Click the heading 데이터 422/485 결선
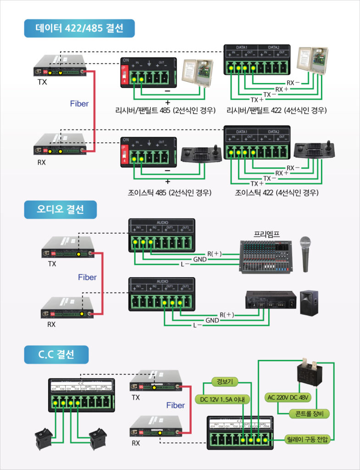coord(79,28)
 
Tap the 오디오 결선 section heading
coord(61,210)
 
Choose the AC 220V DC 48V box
coord(288,397)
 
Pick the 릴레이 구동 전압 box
coord(307,439)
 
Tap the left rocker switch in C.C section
coord(45,439)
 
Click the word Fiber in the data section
coord(79,104)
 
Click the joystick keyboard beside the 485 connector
coord(201,156)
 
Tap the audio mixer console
coord(266,258)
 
